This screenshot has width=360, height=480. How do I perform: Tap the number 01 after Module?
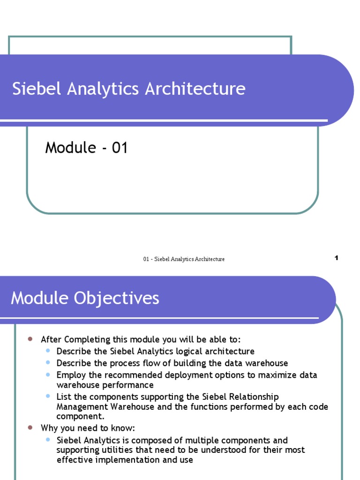pos(120,148)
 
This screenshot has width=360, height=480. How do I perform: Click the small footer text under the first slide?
pos(184,259)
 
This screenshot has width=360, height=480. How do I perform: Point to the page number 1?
pos(337,258)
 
